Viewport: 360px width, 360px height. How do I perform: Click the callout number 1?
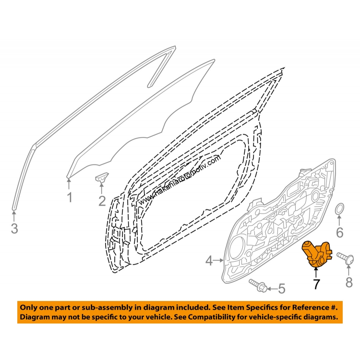click(x=70, y=197)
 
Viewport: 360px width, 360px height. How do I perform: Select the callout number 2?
click(x=102, y=201)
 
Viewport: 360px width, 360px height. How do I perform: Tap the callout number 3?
click(x=14, y=228)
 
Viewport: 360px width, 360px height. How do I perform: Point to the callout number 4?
click(x=209, y=261)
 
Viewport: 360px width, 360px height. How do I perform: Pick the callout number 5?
click(x=282, y=288)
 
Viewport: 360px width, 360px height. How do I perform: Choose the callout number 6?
click(x=339, y=232)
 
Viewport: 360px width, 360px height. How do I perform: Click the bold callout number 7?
click(x=316, y=284)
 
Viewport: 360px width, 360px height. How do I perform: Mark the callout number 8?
click(x=349, y=282)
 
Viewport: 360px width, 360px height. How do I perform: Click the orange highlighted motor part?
click(x=317, y=254)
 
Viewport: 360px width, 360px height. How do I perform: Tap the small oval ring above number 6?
click(x=339, y=208)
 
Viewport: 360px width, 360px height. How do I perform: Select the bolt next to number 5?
click(x=258, y=286)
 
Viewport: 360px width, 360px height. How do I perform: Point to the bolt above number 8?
click(x=345, y=258)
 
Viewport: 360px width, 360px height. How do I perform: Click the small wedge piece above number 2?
click(x=101, y=177)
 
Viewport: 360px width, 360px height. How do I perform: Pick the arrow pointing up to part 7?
click(x=316, y=273)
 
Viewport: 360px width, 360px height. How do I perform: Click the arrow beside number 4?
click(x=219, y=260)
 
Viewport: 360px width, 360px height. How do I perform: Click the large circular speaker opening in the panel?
click(x=237, y=248)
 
